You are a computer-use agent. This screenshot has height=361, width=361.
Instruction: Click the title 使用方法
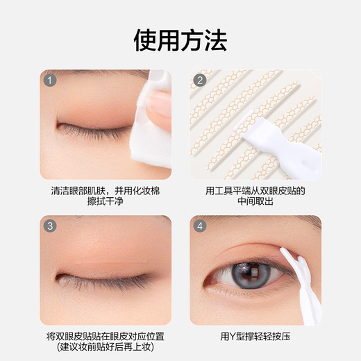tap(180, 41)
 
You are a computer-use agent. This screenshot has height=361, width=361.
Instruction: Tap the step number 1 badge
tap(50, 80)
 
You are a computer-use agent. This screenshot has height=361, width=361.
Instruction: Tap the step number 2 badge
tap(200, 80)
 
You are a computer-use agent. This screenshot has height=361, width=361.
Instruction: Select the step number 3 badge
tap(50, 226)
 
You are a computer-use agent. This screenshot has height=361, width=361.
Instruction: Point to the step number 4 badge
tap(200, 226)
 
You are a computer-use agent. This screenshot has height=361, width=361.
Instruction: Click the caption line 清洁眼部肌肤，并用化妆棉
tap(105, 190)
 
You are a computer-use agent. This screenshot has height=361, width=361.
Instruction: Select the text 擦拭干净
tap(105, 203)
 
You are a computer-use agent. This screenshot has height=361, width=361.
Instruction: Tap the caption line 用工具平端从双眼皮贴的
tap(255, 190)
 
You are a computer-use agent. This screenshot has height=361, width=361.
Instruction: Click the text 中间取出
tap(255, 203)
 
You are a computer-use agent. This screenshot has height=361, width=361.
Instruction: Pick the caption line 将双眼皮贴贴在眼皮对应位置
tap(105, 336)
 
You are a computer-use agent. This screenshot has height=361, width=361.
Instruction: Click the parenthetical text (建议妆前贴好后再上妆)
tap(105, 349)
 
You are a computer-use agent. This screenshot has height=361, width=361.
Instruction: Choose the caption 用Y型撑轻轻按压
tap(255, 336)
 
